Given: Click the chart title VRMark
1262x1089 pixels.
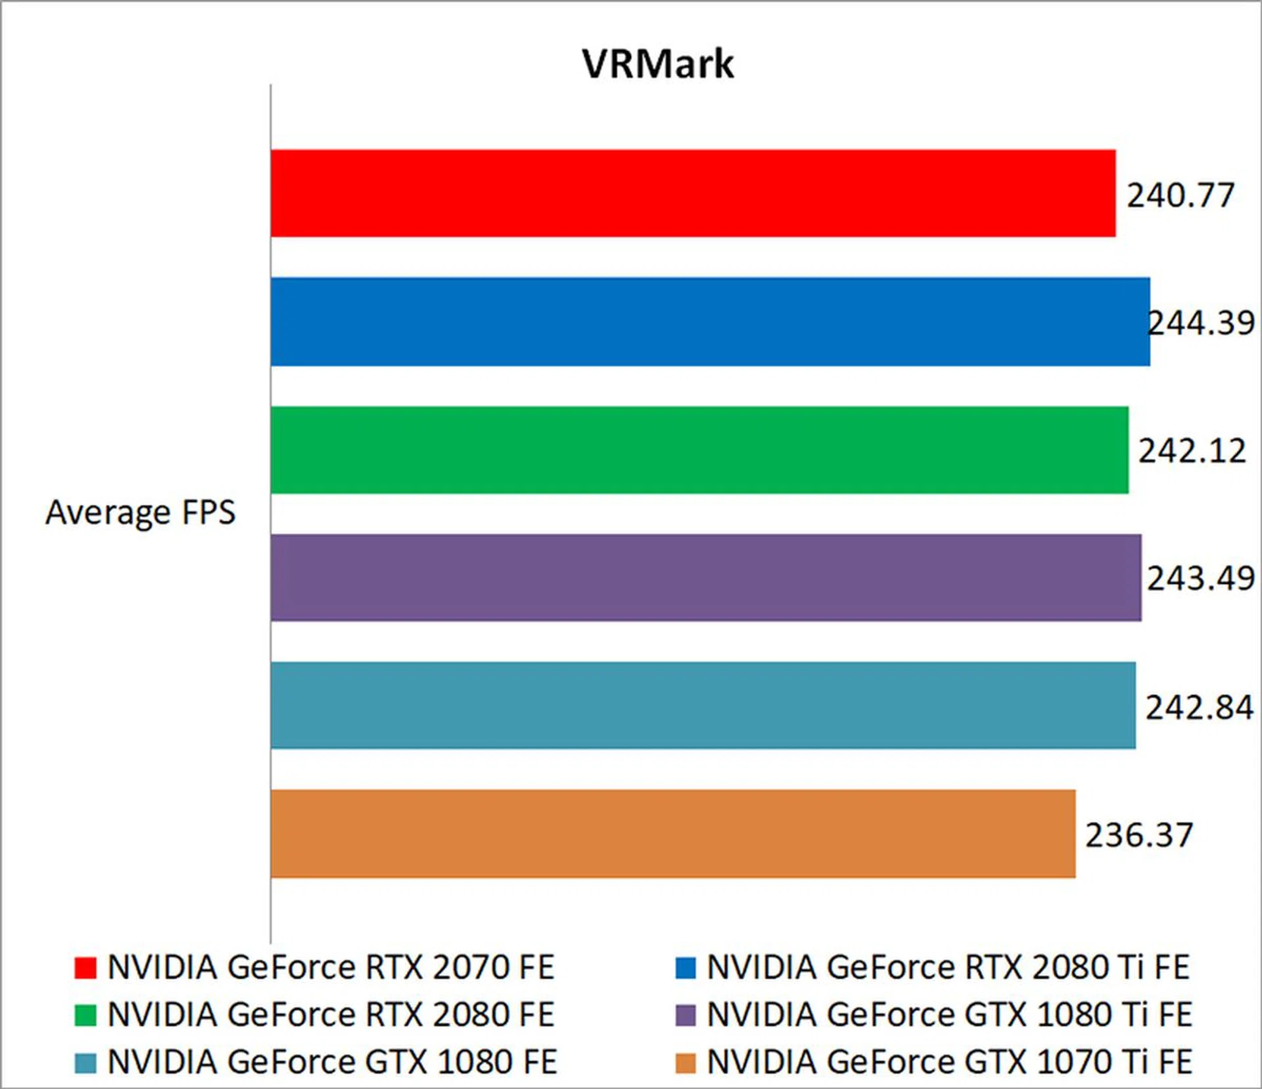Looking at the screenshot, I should [x=657, y=64].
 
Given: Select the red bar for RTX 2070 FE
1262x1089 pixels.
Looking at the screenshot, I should [x=693, y=193].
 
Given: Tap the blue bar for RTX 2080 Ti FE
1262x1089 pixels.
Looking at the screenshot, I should [x=710, y=322].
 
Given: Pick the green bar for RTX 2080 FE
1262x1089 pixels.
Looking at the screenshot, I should [x=699, y=450].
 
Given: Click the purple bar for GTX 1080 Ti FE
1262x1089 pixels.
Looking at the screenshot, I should [x=706, y=578].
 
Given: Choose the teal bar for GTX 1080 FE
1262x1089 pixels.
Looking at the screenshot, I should [x=703, y=706].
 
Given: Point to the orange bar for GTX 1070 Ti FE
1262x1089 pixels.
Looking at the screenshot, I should [x=673, y=834].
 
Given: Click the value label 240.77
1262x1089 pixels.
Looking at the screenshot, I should [x=1180, y=195].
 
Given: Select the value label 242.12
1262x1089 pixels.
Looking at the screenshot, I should [x=1192, y=451].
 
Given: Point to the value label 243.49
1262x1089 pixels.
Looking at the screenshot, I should [x=1201, y=579].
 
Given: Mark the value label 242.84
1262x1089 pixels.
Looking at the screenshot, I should [x=1200, y=708].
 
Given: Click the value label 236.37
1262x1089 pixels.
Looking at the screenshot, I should [x=1138, y=835].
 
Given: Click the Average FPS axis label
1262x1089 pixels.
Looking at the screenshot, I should [x=140, y=512].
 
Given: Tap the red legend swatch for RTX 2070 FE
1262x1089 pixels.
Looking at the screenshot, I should [x=85, y=968].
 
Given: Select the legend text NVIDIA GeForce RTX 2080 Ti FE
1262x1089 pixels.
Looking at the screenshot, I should [x=948, y=967].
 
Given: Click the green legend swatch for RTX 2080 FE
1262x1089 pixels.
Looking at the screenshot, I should [x=85, y=1015].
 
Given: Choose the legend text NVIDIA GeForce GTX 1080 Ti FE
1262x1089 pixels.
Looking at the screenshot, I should [x=949, y=1015].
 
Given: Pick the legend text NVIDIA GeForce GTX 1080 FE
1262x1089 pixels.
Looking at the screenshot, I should [x=332, y=1062].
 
